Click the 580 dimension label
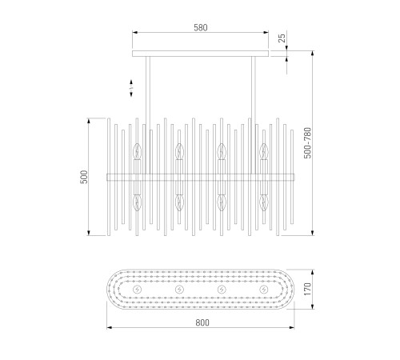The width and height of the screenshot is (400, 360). coord(201,28)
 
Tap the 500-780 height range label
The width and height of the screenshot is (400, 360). coord(307,143)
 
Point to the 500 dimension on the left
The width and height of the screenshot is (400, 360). coord(84,177)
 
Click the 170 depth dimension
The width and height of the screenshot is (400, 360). coord(307,289)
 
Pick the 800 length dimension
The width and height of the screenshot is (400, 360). coord(202,322)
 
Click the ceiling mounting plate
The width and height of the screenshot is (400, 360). coord(200,54)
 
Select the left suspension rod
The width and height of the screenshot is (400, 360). coord(148,115)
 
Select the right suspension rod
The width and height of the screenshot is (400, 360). coord(254,115)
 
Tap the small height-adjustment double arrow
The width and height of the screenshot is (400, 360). coord(131,88)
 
